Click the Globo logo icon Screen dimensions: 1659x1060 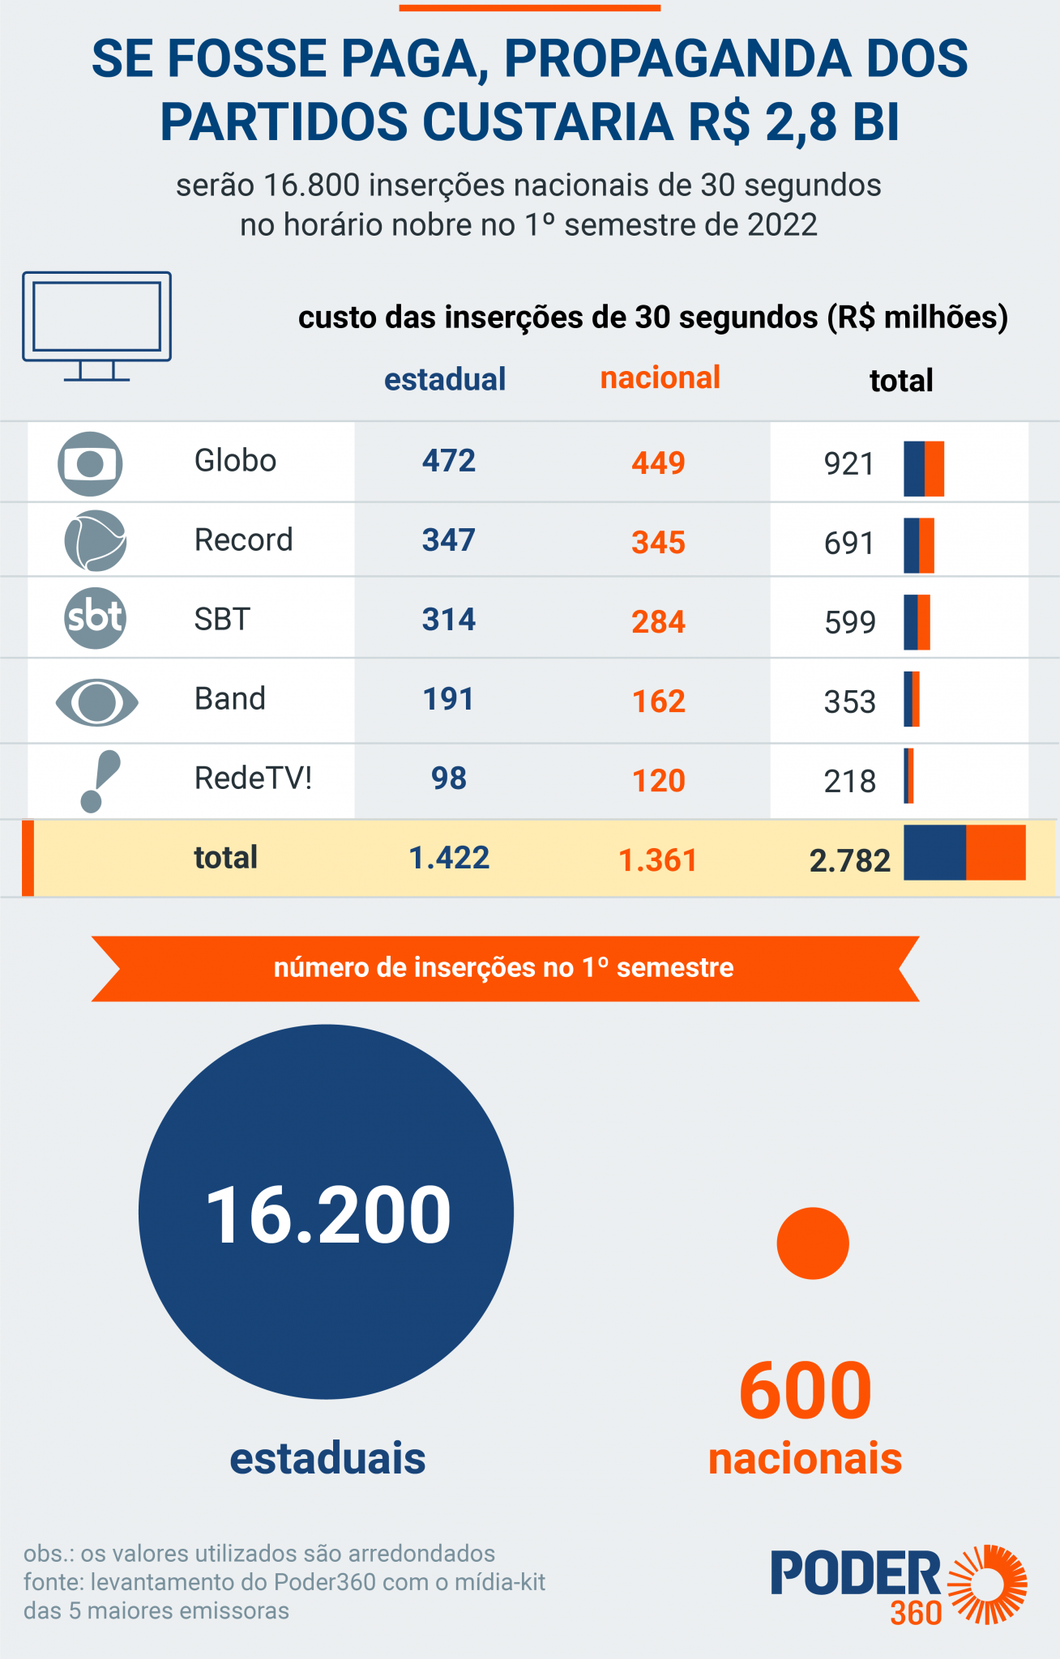(x=90, y=463)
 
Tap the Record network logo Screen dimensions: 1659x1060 (x=95, y=540)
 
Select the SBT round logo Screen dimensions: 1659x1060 (x=95, y=618)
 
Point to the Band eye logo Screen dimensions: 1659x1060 (x=96, y=701)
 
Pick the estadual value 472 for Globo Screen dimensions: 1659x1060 (x=448, y=461)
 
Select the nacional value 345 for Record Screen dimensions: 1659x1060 (x=658, y=542)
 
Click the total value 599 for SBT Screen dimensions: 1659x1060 (x=849, y=622)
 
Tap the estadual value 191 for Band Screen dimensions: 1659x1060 (x=448, y=699)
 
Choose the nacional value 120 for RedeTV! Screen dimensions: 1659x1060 (x=658, y=781)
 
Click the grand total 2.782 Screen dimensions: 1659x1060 (x=849, y=860)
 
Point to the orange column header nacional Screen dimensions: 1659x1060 (x=660, y=377)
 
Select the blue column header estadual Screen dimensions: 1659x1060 (x=444, y=379)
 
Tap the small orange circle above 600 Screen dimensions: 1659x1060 (x=812, y=1243)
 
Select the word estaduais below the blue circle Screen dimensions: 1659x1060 (x=327, y=1458)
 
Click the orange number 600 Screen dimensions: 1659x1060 (x=805, y=1391)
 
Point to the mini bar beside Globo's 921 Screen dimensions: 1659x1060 (x=924, y=468)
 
